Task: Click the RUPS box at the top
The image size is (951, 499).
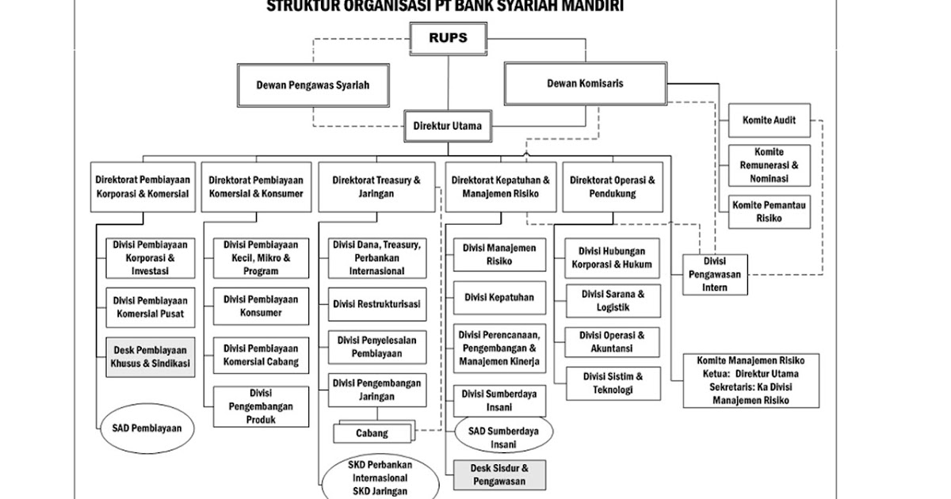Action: [x=448, y=38]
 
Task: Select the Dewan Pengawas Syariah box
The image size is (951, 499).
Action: [x=312, y=86]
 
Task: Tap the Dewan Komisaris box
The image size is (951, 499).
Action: [x=584, y=83]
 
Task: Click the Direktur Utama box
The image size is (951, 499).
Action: [x=448, y=125]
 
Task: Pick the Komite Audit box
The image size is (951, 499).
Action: [x=769, y=120]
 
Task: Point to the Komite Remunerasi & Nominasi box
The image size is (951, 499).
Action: [x=769, y=166]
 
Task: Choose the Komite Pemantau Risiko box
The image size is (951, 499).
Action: [x=769, y=211]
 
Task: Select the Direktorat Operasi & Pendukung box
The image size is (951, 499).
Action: [x=613, y=187]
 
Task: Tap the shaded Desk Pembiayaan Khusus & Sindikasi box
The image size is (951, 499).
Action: [x=150, y=356]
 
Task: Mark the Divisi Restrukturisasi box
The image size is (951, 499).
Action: [x=377, y=304]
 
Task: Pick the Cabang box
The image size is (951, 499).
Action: [x=372, y=433]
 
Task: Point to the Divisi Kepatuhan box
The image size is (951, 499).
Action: [x=499, y=298]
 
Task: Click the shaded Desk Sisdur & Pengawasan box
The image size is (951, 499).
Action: [x=499, y=474]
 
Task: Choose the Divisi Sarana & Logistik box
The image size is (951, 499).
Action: [x=613, y=301]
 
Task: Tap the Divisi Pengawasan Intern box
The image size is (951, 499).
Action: [x=715, y=274]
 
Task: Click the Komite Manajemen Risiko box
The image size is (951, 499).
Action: [x=750, y=380]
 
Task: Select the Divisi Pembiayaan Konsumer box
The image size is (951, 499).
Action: [x=261, y=307]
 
